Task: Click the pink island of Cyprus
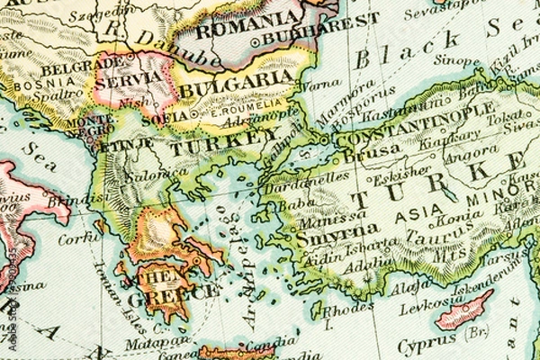464,310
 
